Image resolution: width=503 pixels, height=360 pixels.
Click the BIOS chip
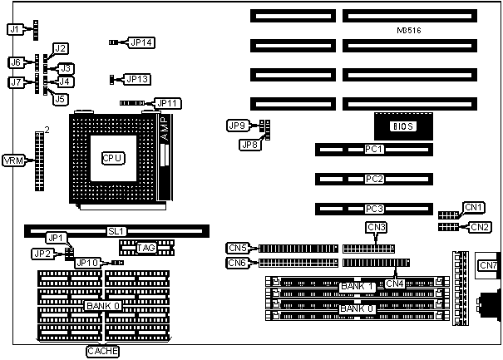[x=403, y=126]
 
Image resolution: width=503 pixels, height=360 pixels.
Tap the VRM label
[x=13, y=160]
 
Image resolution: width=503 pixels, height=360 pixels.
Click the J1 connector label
[x=13, y=29]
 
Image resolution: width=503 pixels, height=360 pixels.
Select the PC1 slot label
[x=374, y=150]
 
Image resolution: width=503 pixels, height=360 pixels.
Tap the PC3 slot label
[x=374, y=208]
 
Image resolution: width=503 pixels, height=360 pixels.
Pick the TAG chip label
[x=146, y=247]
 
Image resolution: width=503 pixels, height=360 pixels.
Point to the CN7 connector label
[x=488, y=265]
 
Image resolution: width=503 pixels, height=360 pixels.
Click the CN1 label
[x=474, y=207]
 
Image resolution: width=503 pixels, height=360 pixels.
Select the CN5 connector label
[x=237, y=247]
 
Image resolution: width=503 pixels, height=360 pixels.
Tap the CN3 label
[x=376, y=227]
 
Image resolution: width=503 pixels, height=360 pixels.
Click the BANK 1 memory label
[x=357, y=287]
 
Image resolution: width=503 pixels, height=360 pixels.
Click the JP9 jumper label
[x=237, y=126]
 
